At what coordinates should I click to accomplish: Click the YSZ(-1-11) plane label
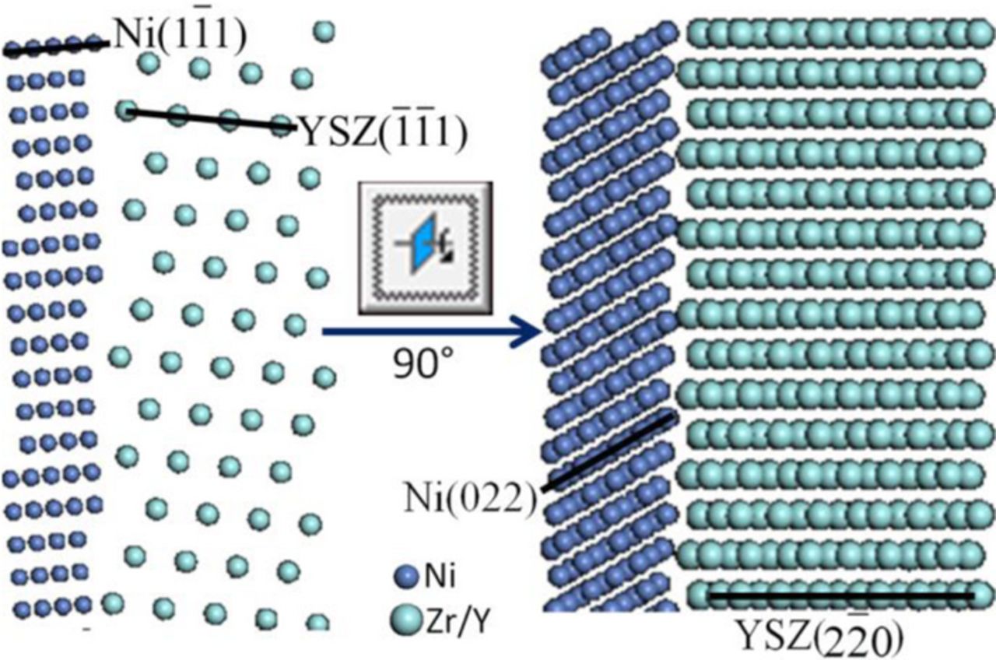point(383,135)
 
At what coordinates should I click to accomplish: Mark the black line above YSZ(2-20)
point(840,596)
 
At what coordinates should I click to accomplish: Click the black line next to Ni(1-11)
point(54,48)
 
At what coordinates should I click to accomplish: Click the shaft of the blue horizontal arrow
point(420,332)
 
